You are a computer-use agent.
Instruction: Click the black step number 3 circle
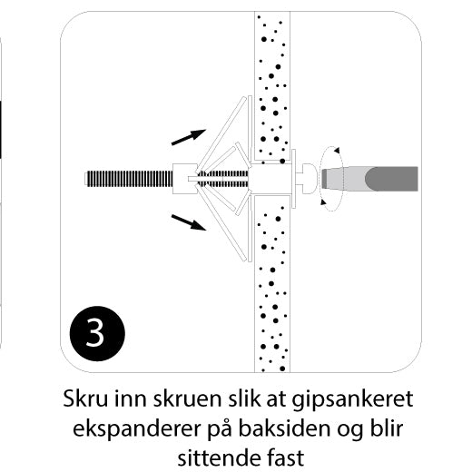tap(97, 333)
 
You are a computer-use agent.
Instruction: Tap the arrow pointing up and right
tap(189, 137)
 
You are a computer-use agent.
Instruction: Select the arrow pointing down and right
tap(189, 222)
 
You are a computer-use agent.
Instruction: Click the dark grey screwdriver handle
tap(392, 179)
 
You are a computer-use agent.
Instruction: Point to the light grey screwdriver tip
tap(343, 179)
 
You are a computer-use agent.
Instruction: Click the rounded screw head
tap(309, 179)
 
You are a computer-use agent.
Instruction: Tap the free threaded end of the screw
tap(88, 179)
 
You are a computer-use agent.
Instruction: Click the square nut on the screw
tap(185, 179)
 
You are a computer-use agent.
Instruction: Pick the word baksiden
tap(284, 428)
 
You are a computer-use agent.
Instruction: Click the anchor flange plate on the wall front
tap(293, 179)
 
